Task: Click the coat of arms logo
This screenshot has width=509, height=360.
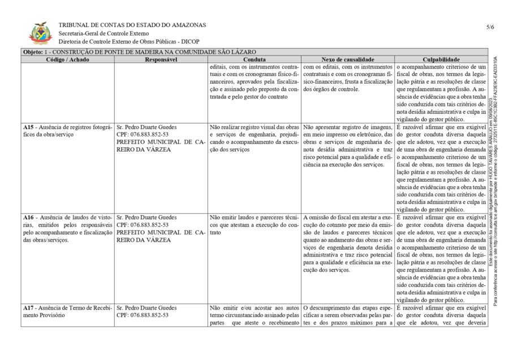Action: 41,33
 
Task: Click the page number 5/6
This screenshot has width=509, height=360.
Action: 489,27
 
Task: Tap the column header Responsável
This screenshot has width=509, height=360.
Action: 161,59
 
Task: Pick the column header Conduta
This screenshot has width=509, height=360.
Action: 255,59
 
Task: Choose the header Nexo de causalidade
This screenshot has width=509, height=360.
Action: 348,59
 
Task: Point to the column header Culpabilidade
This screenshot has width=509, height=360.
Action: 441,59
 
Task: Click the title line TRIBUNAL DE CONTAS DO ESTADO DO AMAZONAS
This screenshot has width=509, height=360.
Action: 132,25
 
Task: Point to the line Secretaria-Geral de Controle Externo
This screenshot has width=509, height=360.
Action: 103,33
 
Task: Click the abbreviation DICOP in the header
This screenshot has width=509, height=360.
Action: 189,41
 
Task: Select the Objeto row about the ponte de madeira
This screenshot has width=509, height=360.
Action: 136,52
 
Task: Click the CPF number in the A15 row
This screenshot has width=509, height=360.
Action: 142,135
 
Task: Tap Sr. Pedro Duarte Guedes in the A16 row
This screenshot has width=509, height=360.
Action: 146,217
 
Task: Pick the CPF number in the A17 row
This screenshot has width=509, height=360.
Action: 142,315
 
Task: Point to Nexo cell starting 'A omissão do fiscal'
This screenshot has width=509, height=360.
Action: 348,243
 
